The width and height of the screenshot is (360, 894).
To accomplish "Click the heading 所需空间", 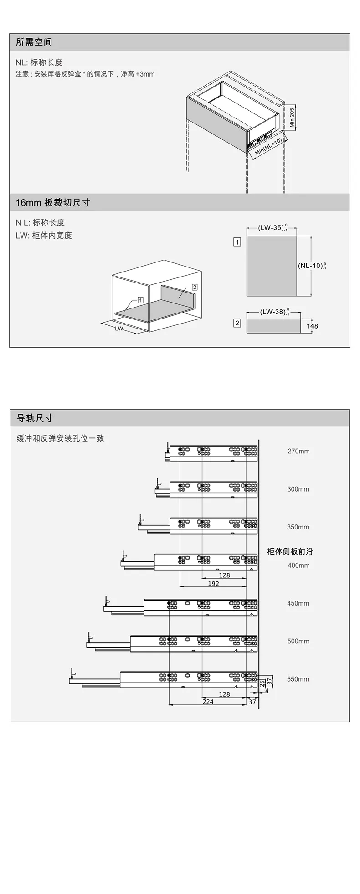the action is click(x=34, y=42).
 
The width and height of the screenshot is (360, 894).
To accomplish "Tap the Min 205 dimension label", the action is click(x=292, y=117).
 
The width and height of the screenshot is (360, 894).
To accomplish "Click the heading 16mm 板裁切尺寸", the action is click(x=53, y=202).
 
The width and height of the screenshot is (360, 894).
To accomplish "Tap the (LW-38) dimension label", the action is click(x=274, y=312).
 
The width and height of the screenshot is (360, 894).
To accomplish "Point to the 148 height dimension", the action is click(x=312, y=326).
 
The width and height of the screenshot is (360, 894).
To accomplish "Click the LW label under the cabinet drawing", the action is click(x=119, y=328).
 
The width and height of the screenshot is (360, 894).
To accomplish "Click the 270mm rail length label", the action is click(x=298, y=451).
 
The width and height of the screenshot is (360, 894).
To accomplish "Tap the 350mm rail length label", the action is click(x=298, y=527).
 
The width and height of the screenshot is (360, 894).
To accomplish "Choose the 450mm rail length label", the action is click(x=298, y=603).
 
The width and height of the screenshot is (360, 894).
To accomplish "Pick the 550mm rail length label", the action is click(x=298, y=679).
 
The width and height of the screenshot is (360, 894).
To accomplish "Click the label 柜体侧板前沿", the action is click(x=290, y=551).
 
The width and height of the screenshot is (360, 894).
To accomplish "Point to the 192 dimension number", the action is click(x=213, y=583).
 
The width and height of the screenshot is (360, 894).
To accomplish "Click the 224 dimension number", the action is click(x=208, y=702).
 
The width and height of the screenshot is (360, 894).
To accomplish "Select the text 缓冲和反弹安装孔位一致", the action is click(x=61, y=438).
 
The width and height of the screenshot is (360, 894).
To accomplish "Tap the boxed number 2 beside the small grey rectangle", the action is click(x=237, y=323).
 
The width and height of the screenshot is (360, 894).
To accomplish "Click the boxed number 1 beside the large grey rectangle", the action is click(x=237, y=242).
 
